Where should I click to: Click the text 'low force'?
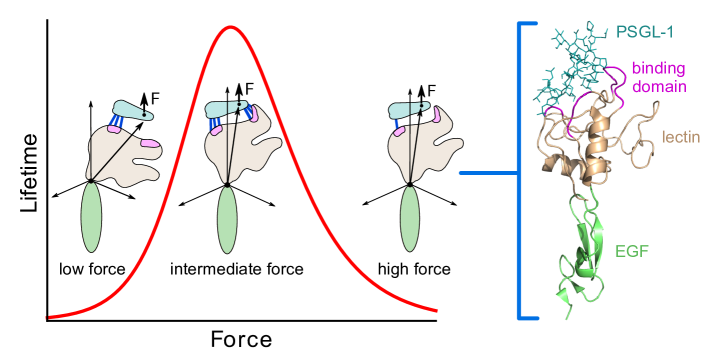click(91, 269)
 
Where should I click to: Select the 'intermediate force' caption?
click(237, 269)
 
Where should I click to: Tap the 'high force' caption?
click(407, 269)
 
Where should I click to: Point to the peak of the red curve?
click(230, 27)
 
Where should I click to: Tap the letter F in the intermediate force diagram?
click(250, 90)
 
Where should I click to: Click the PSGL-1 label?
click(643, 32)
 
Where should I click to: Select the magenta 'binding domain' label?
click(658, 77)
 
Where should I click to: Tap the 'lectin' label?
click(681, 136)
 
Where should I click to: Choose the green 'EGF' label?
click(632, 251)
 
